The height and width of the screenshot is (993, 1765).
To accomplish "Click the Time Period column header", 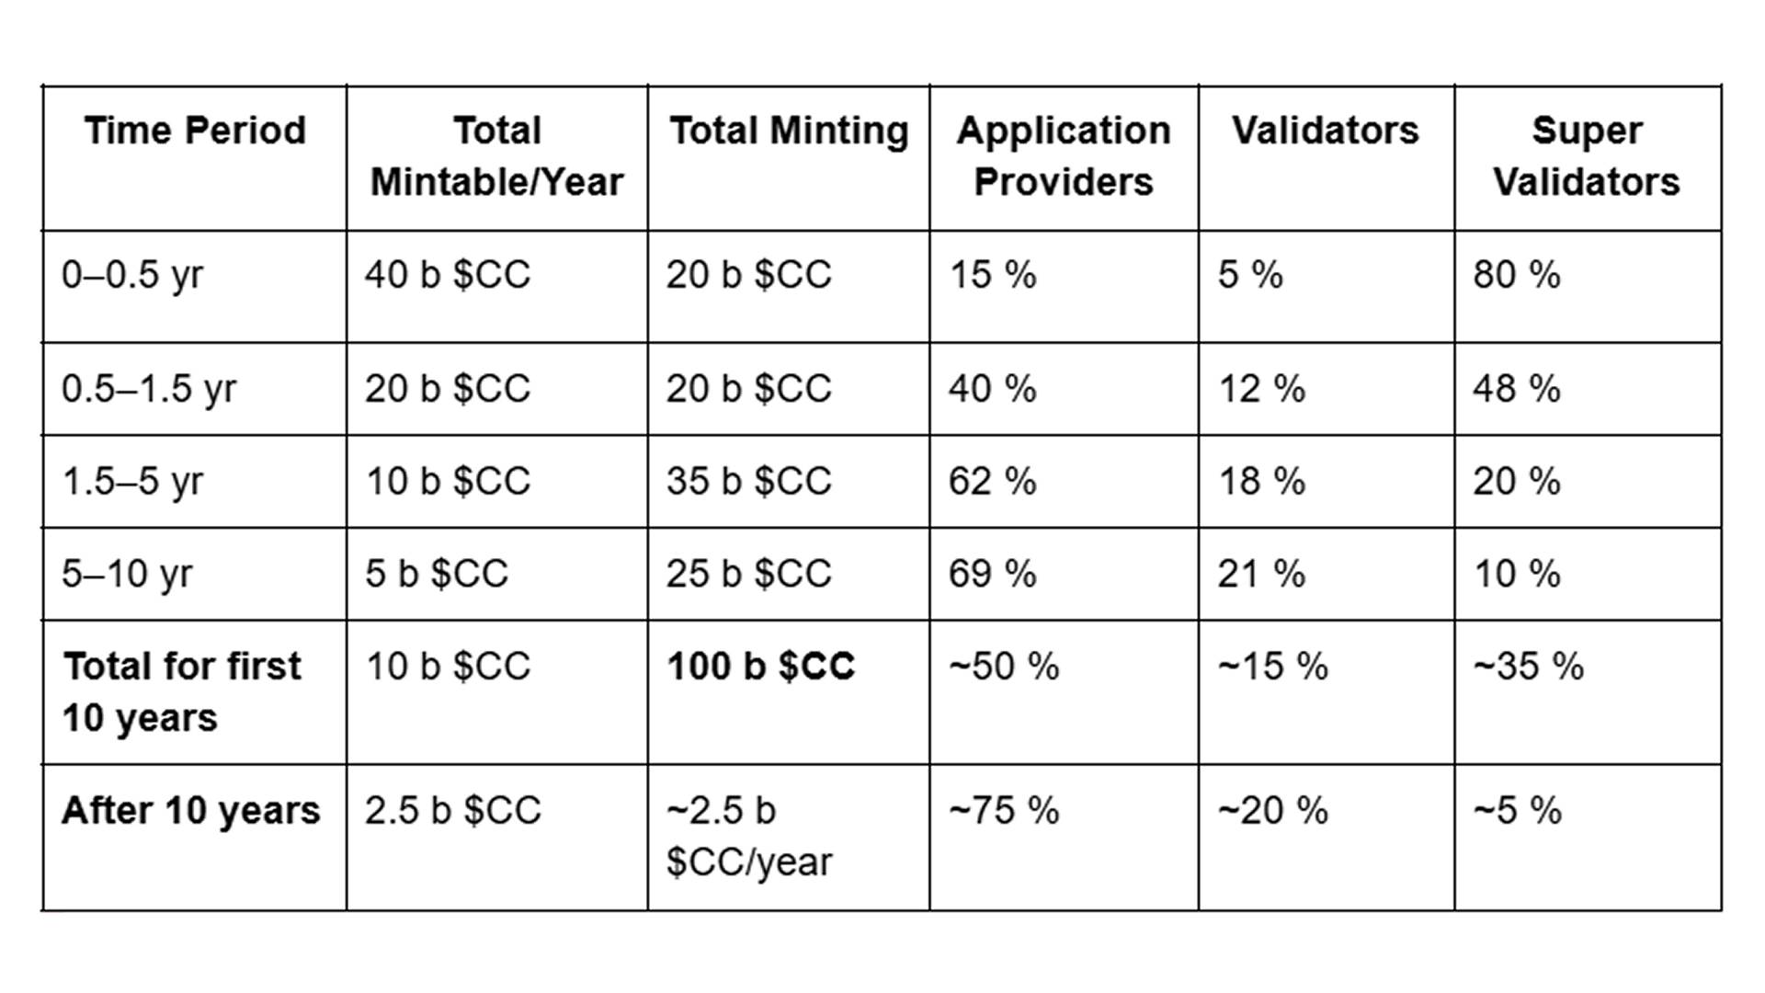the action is pyautogui.click(x=195, y=130).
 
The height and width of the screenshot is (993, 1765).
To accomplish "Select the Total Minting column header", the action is pyautogui.click(x=789, y=131).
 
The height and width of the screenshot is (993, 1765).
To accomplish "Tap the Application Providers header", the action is pyautogui.click(x=1064, y=155).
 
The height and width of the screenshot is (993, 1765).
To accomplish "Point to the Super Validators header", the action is pyautogui.click(x=1587, y=155).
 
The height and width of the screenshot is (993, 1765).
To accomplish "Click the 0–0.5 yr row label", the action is pyautogui.click(x=132, y=275).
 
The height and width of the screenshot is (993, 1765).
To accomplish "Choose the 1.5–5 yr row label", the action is pyautogui.click(x=132, y=482).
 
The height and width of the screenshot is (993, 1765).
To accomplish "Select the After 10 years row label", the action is pyautogui.click(x=191, y=810).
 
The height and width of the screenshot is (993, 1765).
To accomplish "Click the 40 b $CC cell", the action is pyautogui.click(x=448, y=275).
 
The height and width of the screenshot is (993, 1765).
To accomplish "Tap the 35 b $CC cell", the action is pyautogui.click(x=749, y=482).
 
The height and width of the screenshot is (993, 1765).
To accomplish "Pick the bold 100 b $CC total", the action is pyautogui.click(x=761, y=667).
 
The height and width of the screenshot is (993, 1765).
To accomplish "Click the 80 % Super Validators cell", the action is pyautogui.click(x=1517, y=275).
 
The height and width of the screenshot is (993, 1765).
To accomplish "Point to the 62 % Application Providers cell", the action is pyautogui.click(x=993, y=482).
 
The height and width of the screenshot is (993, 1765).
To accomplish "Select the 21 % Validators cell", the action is pyautogui.click(x=1261, y=575).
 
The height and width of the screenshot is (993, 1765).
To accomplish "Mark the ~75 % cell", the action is pyautogui.click(x=1004, y=811).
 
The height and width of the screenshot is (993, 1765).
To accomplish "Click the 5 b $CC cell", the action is pyautogui.click(x=437, y=575).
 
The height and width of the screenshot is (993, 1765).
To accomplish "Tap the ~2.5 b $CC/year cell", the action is pyautogui.click(x=749, y=836).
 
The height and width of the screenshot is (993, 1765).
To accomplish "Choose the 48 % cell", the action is pyautogui.click(x=1517, y=389).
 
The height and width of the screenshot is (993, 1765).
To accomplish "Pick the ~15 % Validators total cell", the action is pyautogui.click(x=1273, y=667).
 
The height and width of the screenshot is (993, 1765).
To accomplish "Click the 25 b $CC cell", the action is pyautogui.click(x=749, y=575).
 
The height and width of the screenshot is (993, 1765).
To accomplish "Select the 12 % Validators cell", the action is pyautogui.click(x=1261, y=389).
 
